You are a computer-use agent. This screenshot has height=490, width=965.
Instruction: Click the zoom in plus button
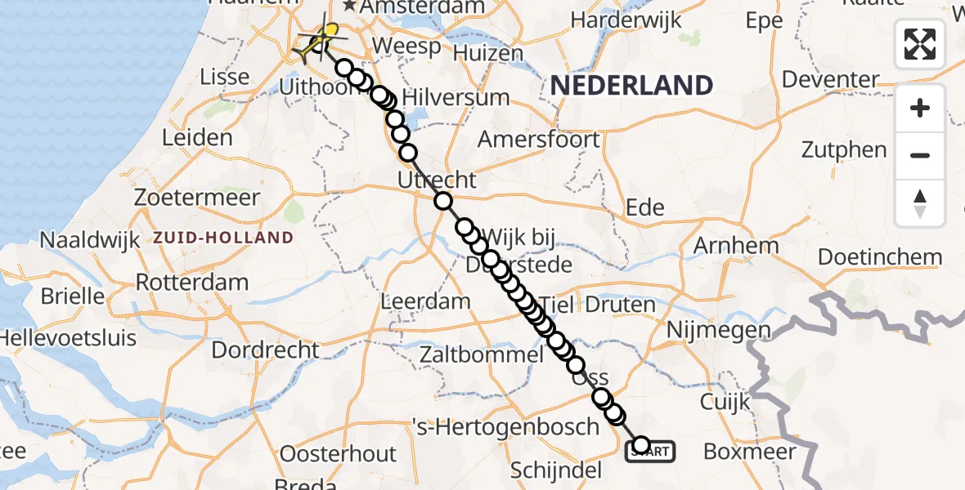point(920,108)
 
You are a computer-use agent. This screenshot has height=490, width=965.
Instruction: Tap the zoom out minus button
point(920,155)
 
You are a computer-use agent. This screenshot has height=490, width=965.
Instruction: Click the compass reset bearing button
point(920,203)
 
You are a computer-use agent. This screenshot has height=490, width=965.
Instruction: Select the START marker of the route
point(651,450)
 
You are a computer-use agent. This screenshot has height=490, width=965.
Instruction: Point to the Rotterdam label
point(191,283)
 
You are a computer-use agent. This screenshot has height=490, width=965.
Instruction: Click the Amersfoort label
point(538,139)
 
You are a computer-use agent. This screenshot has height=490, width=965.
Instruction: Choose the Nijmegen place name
point(719,330)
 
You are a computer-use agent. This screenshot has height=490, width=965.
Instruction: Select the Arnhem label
point(736,245)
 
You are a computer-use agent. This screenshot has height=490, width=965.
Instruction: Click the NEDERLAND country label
point(631,85)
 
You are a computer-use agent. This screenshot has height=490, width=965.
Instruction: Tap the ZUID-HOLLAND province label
point(222,238)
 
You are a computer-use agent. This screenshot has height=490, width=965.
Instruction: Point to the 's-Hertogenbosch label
point(509,426)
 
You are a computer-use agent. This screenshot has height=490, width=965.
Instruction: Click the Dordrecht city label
point(265,350)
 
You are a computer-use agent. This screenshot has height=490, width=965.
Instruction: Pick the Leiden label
point(197,137)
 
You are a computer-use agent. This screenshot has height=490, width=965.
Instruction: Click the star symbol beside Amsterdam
point(350,7)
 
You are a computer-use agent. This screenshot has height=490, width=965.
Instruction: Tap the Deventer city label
point(831,80)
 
